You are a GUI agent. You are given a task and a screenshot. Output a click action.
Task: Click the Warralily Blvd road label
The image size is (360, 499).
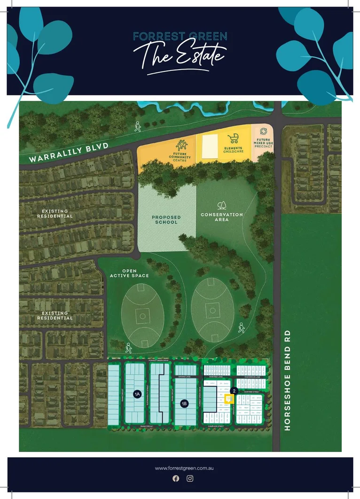point(69,153)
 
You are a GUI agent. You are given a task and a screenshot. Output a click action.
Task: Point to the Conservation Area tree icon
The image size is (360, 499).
point(221,206)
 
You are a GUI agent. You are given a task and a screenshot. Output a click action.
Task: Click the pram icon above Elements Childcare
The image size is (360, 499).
point(233,138)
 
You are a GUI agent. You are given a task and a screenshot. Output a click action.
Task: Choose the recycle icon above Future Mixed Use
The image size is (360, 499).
point(263,131)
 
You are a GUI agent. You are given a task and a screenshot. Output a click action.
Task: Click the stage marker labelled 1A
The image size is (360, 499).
point(137,394)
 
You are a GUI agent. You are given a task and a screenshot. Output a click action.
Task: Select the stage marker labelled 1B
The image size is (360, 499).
point(185,403)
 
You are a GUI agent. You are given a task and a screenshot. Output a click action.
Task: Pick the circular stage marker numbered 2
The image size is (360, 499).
point(234,390)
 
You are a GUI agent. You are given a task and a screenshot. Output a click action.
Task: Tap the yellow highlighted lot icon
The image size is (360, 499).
point(228,399)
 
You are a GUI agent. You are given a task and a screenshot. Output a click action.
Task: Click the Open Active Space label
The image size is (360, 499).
point(129,273)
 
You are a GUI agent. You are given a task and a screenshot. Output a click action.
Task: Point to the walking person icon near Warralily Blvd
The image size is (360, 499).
point(138,126)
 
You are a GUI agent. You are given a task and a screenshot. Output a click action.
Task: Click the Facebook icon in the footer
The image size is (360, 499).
point(176,478)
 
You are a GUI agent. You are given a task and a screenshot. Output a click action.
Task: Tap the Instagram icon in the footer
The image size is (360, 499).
point(190,478)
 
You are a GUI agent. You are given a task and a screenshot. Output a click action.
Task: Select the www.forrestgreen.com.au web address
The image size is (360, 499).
point(181,468)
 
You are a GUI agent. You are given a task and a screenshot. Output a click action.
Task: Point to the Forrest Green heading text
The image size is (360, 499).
point(180,36)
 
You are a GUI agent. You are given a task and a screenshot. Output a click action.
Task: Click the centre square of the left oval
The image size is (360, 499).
point(142,315)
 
